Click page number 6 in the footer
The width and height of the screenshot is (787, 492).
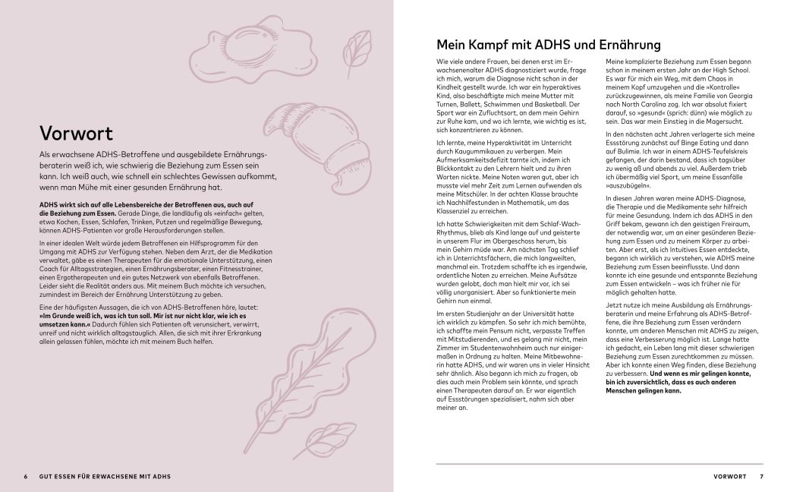pos(25,477)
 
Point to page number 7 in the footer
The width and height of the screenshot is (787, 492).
pos(761,477)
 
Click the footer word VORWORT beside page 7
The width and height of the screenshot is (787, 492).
pos(732,477)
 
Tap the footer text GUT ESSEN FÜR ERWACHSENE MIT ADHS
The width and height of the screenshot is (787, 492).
pos(105,477)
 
